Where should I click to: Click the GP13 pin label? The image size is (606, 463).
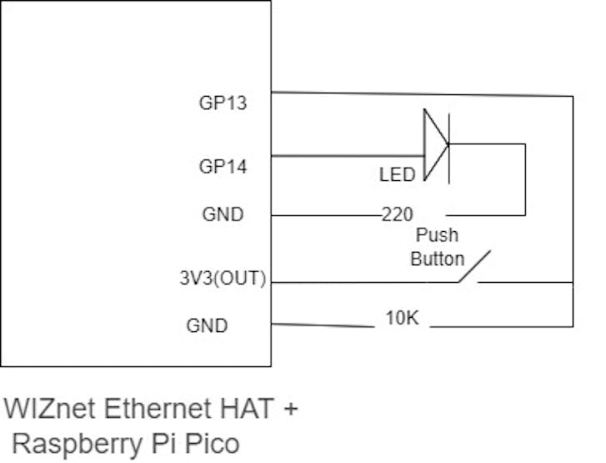point(223,103)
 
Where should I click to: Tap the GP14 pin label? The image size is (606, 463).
point(223,167)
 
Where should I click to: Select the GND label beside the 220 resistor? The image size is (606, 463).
point(223,214)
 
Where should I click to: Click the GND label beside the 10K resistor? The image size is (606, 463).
point(206,325)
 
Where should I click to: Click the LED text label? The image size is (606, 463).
point(397,175)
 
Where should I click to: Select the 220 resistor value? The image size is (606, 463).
point(398,215)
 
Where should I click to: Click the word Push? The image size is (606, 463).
point(438,236)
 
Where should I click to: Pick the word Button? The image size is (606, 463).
point(437,259)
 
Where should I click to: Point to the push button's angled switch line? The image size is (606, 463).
point(473,266)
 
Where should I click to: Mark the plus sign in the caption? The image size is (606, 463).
point(289,410)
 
